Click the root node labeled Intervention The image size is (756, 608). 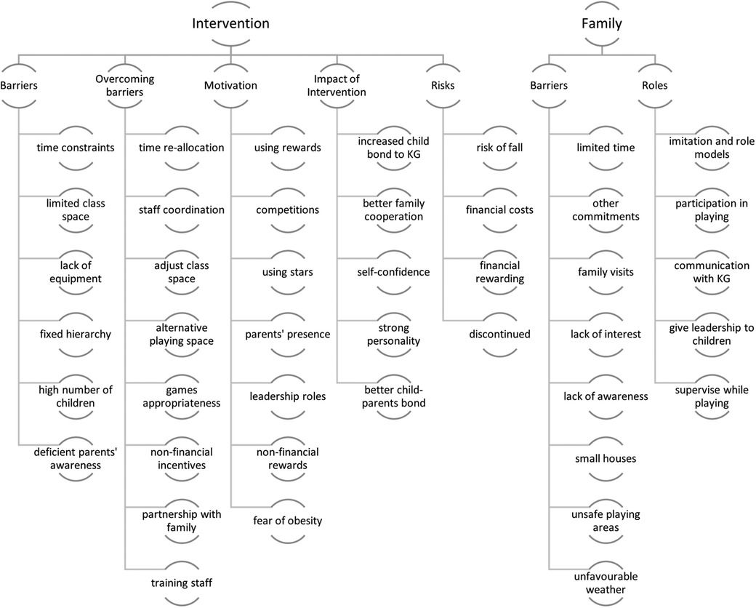[230, 23]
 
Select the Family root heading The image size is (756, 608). [601, 23]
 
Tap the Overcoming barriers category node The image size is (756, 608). [125, 85]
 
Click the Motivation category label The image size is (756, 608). [230, 85]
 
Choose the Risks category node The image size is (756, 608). [442, 85]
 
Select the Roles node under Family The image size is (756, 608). [654, 85]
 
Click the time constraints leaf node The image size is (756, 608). [76, 148]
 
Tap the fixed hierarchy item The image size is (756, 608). [76, 335]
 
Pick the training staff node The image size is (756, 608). [181, 583]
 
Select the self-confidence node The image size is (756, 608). [393, 272]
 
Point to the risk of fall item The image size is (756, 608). [499, 148]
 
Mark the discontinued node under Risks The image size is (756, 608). [499, 335]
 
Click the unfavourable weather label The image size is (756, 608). [606, 583]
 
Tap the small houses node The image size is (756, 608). [606, 458]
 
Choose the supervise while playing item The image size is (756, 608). [709, 396]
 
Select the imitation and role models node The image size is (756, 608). [709, 148]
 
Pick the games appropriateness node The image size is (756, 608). [181, 396]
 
